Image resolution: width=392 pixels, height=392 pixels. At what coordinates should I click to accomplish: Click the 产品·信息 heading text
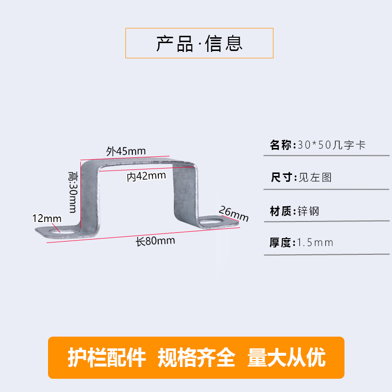(x=199, y=44)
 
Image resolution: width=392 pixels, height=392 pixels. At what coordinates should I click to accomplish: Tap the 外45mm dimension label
(x=126, y=151)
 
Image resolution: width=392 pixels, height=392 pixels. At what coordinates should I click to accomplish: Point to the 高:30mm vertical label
(x=73, y=192)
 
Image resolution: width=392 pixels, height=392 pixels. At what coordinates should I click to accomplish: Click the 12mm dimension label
(x=47, y=218)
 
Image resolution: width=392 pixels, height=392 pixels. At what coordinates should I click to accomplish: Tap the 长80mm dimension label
(x=155, y=241)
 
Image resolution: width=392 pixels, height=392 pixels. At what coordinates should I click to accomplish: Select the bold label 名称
(x=281, y=145)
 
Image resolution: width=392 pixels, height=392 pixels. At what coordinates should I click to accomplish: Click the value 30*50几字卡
(x=331, y=145)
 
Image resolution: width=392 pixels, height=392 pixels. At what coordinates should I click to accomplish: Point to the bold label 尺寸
(x=281, y=177)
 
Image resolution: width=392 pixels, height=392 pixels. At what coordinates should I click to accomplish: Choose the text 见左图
(x=315, y=177)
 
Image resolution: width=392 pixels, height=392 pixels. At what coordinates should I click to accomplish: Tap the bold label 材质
(x=281, y=212)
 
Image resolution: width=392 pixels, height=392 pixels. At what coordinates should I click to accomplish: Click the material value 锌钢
(x=309, y=212)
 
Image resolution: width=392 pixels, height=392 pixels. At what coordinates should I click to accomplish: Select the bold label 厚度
(x=281, y=243)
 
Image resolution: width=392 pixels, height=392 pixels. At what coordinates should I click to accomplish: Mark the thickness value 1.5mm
(x=315, y=243)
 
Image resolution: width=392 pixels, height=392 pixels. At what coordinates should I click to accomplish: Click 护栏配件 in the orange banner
(x=107, y=358)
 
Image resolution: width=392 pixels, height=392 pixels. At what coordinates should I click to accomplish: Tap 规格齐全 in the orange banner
(x=196, y=358)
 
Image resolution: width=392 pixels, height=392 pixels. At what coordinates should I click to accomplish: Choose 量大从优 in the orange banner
(x=287, y=358)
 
